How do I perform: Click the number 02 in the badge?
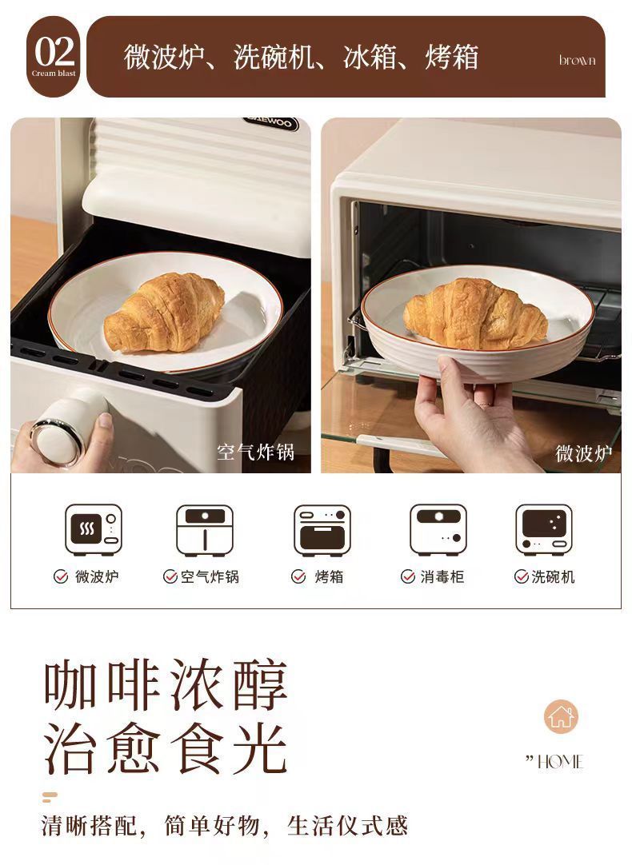click(x=54, y=52)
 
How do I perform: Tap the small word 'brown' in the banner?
click(x=577, y=61)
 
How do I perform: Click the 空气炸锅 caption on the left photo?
click(x=255, y=452)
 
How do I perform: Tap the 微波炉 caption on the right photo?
click(x=583, y=453)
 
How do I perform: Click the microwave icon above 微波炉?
click(x=94, y=530)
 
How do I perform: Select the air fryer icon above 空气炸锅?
click(x=205, y=530)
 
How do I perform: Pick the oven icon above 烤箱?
click(x=322, y=530)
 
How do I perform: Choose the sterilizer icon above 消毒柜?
click(x=438, y=530)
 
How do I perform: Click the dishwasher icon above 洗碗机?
click(x=545, y=530)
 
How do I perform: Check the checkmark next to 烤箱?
click(x=298, y=576)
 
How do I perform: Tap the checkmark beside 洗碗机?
click(x=521, y=576)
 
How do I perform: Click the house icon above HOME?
click(x=561, y=716)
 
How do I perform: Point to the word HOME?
click(x=560, y=762)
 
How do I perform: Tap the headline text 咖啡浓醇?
click(x=166, y=686)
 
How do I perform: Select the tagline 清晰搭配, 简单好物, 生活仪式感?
click(x=225, y=826)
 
